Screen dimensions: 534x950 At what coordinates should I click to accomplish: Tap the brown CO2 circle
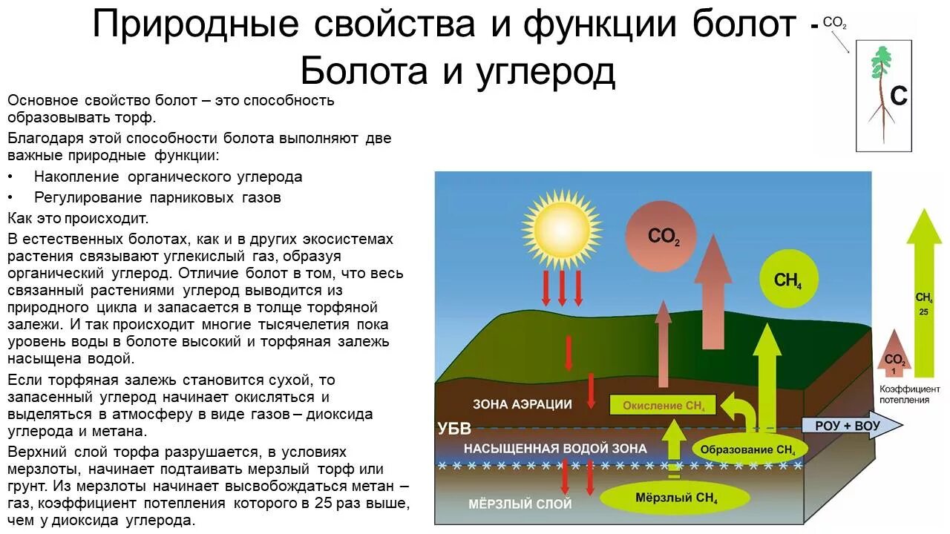tap(661, 235)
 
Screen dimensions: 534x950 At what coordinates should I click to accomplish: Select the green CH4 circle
tap(789, 280)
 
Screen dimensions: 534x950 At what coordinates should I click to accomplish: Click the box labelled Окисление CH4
tap(663, 405)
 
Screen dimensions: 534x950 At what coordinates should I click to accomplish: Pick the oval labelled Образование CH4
tap(747, 449)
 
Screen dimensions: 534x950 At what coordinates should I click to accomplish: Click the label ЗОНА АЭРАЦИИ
tap(522, 404)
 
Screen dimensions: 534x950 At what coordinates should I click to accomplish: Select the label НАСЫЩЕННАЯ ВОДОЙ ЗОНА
tap(555, 449)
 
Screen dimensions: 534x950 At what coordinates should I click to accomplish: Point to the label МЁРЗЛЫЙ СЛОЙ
tap(520, 504)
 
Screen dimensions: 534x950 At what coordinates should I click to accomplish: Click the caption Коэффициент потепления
tap(909, 394)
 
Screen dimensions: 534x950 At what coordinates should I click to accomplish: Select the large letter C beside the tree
tap(898, 96)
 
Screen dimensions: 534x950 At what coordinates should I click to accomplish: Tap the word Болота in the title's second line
tap(363, 72)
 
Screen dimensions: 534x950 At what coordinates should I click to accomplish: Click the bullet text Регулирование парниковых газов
tap(157, 197)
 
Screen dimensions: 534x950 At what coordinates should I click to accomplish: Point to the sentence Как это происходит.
tap(78, 218)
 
